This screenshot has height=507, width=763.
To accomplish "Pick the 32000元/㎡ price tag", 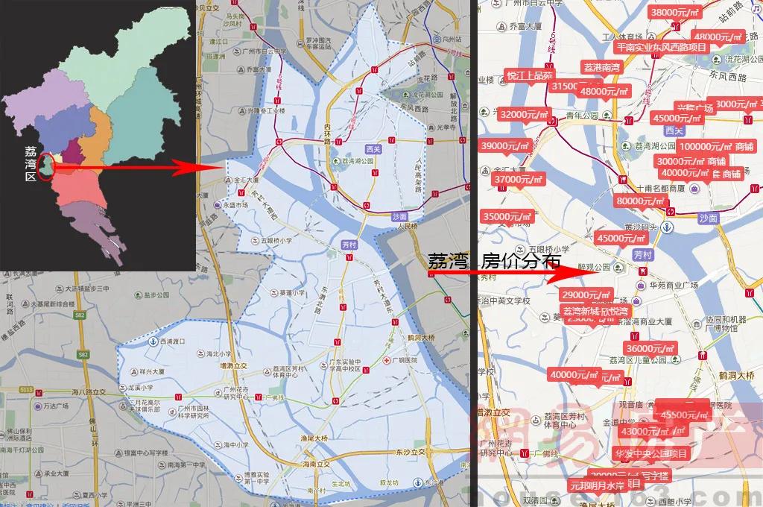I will tap(523, 114).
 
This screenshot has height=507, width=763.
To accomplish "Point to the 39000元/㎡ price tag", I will tap(506, 146).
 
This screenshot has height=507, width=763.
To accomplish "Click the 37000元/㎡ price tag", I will tap(519, 179).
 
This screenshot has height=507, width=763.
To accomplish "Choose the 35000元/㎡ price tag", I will tap(508, 216).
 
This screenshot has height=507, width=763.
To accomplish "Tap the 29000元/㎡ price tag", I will tap(587, 295).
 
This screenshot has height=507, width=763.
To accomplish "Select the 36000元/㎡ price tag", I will tap(650, 348).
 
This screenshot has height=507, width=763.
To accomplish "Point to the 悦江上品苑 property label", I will tap(530, 75).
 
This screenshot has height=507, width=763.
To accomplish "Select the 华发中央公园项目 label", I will tap(650, 453).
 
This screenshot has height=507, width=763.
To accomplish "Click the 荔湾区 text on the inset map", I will tap(31, 163).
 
